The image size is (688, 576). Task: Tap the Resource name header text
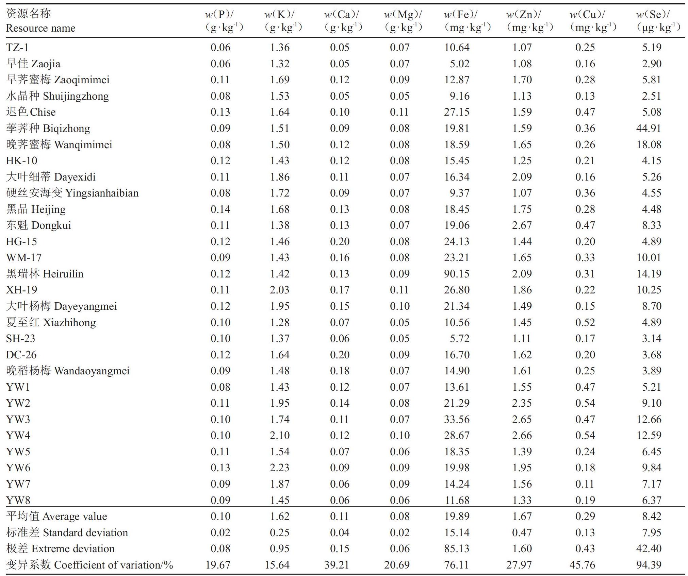40,28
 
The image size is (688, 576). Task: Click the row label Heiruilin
45,274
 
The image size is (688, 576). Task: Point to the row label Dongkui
38,225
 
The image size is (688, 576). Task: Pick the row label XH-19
21,290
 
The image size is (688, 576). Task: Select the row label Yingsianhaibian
72,193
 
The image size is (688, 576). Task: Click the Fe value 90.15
457,274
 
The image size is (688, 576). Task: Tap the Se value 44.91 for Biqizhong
649,128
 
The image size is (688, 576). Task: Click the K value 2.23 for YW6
280,468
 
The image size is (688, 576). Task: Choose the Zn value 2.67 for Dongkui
522,225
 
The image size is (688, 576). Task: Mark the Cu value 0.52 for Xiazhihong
585,322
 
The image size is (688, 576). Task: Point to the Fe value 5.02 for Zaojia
460,64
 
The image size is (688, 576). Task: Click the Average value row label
56,516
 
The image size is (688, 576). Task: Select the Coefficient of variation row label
89,565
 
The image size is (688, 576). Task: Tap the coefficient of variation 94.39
649,565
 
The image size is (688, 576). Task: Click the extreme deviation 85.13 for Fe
457,548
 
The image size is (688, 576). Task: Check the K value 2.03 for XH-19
280,290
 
